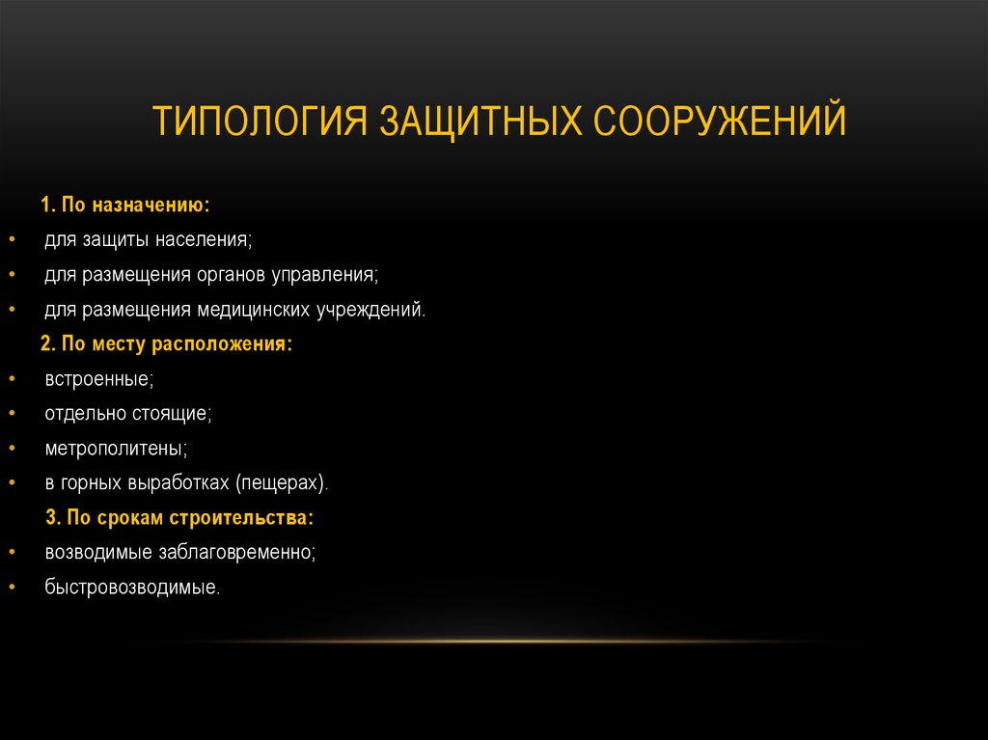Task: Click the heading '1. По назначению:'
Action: (124, 206)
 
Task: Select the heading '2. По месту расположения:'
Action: (166, 343)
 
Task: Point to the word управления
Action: (328, 275)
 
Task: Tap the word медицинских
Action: (253, 310)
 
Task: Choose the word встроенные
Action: (98, 379)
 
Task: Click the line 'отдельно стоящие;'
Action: (127, 414)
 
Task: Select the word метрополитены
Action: (115, 449)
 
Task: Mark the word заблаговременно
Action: (234, 552)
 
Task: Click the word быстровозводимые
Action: (131, 587)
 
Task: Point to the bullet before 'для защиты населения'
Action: (11, 240)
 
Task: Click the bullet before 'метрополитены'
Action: (11, 449)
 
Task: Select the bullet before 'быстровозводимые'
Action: (11, 587)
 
